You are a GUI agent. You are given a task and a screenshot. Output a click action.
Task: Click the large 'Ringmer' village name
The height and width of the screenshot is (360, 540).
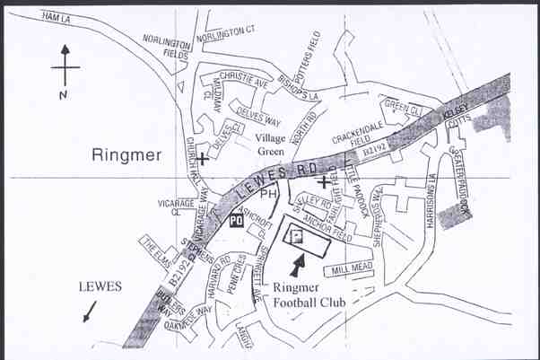(x=127, y=154)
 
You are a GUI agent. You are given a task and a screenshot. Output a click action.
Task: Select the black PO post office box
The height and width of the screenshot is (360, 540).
(x=238, y=219)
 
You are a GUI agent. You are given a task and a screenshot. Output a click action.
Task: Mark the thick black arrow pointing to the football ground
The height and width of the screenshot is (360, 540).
(x=297, y=265)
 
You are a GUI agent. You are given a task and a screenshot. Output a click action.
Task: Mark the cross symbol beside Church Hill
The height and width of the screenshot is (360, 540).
(x=205, y=159)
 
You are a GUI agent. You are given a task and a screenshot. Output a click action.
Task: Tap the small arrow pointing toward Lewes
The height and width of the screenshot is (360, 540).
(x=87, y=312)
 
